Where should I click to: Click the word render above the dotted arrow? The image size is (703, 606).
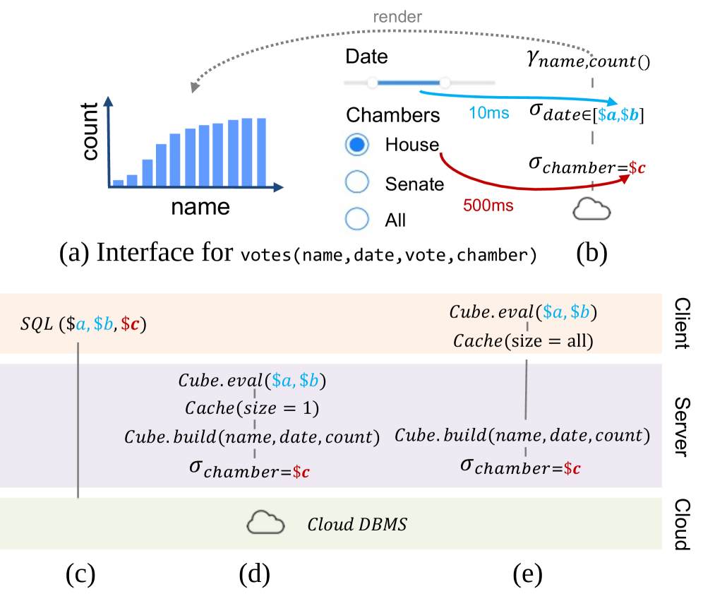tap(397, 16)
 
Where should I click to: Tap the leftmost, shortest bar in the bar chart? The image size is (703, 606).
tap(118, 182)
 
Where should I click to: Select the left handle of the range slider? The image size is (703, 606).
tap(373, 83)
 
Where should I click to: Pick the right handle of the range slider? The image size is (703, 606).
tap(445, 83)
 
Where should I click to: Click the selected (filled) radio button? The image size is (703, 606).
tap(357, 145)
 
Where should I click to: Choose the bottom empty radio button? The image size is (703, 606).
tap(357, 218)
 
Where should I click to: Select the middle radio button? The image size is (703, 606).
tap(357, 182)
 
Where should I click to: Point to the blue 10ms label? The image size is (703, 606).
tap(488, 113)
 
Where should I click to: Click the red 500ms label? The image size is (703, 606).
tap(488, 206)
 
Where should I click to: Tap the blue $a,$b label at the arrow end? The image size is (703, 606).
tap(618, 114)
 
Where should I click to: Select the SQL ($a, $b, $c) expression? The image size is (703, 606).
tap(83, 324)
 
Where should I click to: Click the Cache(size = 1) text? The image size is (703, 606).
tap(251, 408)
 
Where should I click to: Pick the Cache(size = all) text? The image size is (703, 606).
tap(523, 341)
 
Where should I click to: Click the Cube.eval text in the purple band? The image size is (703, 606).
tap(251, 381)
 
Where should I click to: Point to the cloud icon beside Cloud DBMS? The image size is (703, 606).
tap(265, 523)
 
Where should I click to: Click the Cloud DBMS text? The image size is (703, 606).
tap(357, 525)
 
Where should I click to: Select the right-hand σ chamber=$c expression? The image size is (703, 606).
tap(520, 466)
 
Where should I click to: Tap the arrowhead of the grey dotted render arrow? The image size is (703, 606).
tap(194, 88)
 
